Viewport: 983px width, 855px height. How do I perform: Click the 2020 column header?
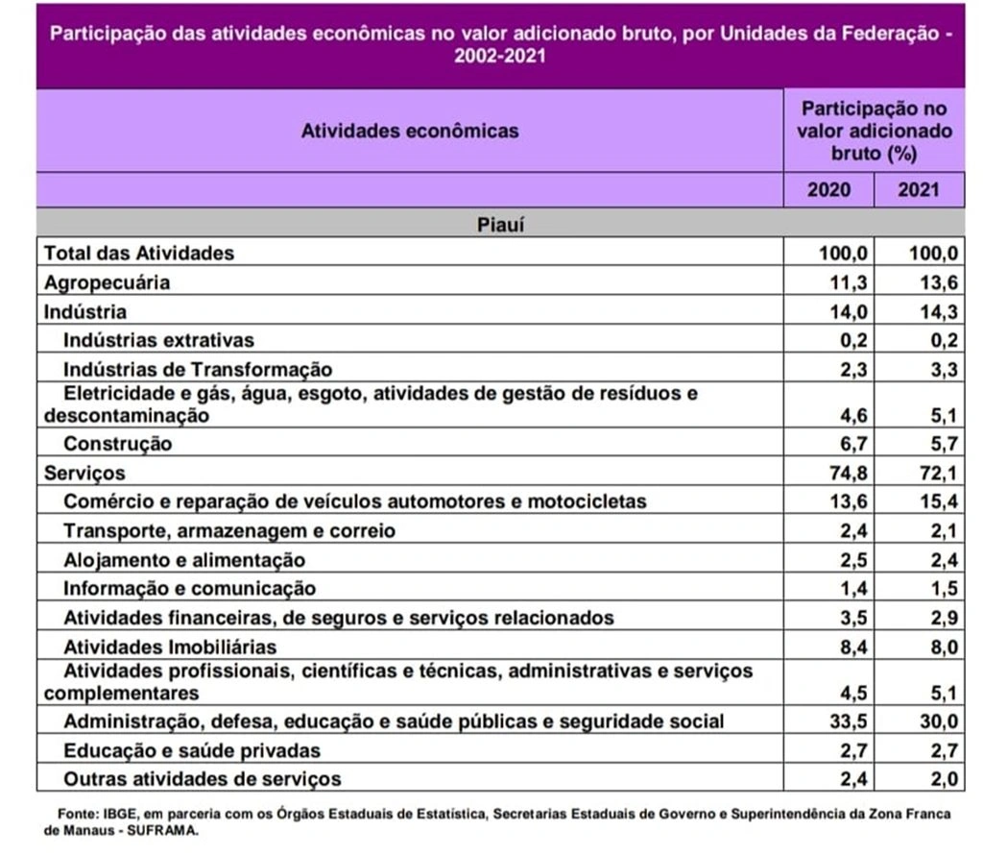pyautogui.click(x=828, y=189)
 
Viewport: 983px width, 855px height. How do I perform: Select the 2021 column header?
pyautogui.click(x=918, y=189)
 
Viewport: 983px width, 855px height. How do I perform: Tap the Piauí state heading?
pyautogui.click(x=499, y=225)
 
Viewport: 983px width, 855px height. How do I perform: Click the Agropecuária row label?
pyautogui.click(x=107, y=282)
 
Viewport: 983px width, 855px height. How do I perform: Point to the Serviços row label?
pyautogui.click(x=84, y=474)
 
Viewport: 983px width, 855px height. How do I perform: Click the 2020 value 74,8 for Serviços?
pyautogui.click(x=845, y=474)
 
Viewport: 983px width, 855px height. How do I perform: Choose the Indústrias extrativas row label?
pyautogui.click(x=158, y=340)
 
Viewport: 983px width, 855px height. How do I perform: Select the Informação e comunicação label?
pyautogui.click(x=189, y=589)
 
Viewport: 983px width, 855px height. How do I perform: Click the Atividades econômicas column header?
pyautogui.click(x=410, y=131)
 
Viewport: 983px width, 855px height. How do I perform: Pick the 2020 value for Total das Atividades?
pyautogui.click(x=841, y=254)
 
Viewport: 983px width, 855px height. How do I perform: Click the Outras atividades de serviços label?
pyautogui.click(x=202, y=778)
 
